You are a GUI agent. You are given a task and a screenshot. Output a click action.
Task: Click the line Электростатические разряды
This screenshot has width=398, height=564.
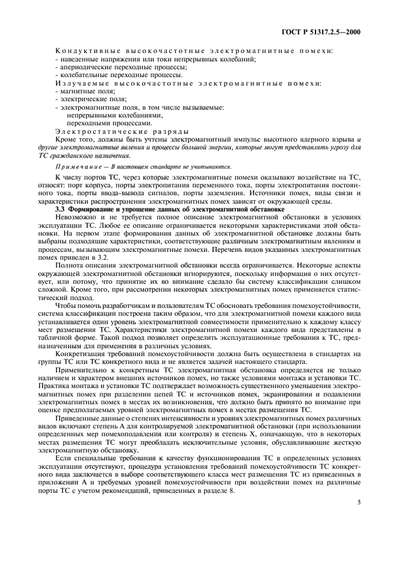(120, 130)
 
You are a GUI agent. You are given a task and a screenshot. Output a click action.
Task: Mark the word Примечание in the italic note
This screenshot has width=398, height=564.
(79, 166)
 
